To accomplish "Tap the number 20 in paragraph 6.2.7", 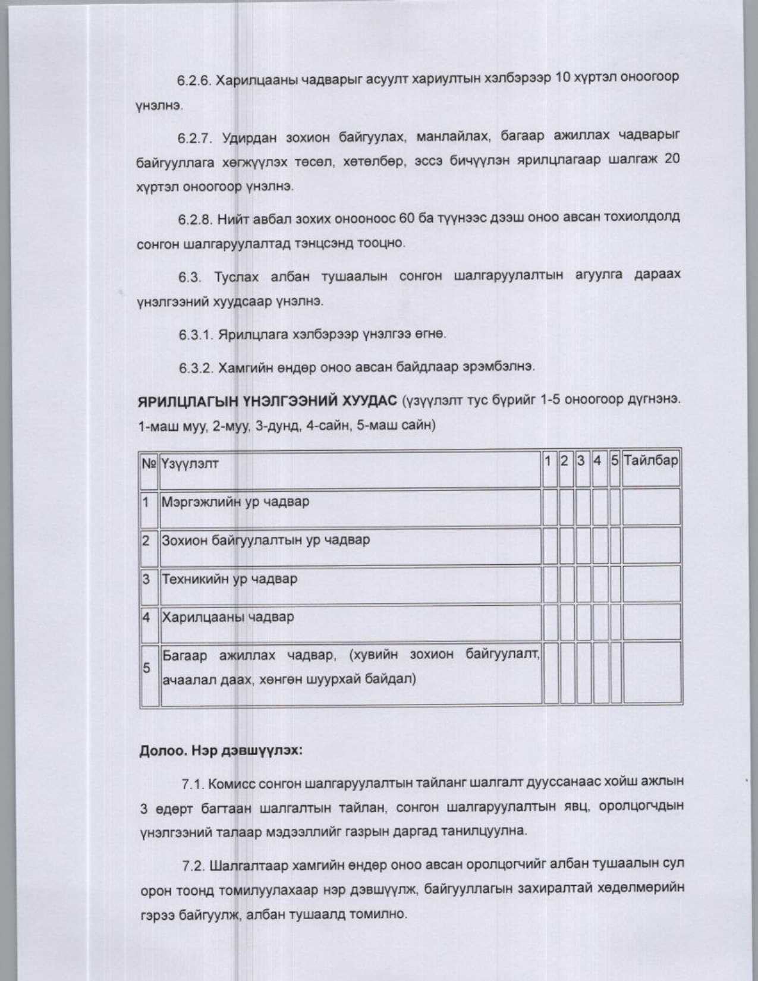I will point(670,160).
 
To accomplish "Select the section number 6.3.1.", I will point(196,335).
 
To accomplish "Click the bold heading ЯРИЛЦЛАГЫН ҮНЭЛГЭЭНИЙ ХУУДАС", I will point(267,400).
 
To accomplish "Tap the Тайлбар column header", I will point(650,461).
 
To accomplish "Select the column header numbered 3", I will point(581,461).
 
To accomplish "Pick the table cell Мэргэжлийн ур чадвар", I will point(235,502).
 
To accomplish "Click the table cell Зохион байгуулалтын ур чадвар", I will point(266,540).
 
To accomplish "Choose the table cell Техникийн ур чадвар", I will point(229,579).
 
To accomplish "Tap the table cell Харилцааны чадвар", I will point(228,617).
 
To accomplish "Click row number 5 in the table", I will point(146,668).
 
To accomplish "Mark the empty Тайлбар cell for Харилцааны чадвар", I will point(651,622).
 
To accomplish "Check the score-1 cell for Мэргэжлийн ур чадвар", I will point(549,507).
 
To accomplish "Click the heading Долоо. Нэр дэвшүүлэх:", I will point(221,751).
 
